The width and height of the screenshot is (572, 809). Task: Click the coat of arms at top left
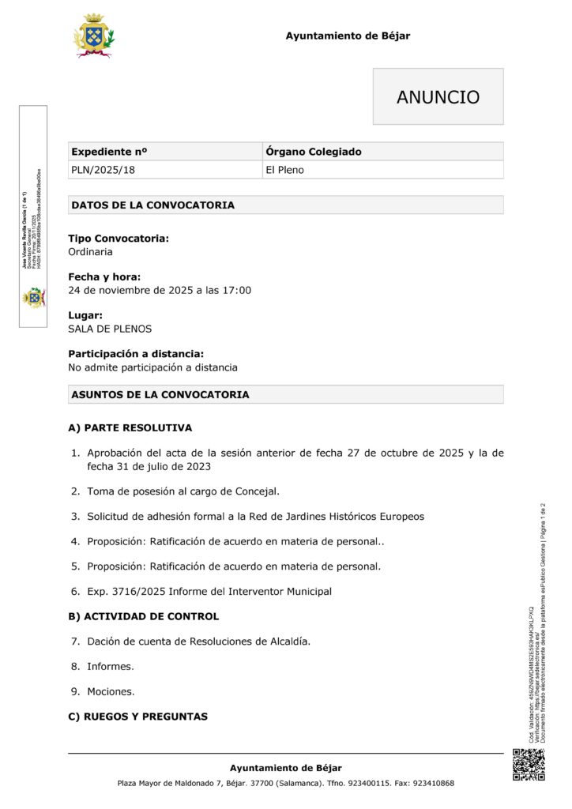pyautogui.click(x=94, y=36)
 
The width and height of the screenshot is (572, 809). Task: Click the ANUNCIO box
pyautogui.click(x=438, y=97)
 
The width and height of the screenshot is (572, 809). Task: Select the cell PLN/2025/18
pyautogui.click(x=98, y=170)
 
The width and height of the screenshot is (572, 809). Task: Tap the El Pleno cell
pyautogui.click(x=284, y=170)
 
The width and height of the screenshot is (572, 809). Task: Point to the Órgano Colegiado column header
pyautogui.click(x=314, y=152)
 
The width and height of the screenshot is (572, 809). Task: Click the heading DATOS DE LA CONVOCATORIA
pyautogui.click(x=152, y=205)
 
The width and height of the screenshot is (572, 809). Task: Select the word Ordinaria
pyautogui.click(x=90, y=252)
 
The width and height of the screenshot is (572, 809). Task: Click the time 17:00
pyautogui.click(x=237, y=290)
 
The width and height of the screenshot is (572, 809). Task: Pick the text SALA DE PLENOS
pyautogui.click(x=110, y=329)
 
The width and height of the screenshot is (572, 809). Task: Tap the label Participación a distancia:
pyautogui.click(x=136, y=354)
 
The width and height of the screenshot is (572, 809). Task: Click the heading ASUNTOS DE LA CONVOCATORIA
pyautogui.click(x=160, y=394)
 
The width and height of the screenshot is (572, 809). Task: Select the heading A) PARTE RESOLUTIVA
pyautogui.click(x=130, y=428)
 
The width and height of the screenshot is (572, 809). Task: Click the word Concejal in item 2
pyautogui.click(x=256, y=491)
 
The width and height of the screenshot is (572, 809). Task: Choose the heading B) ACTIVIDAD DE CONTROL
pyautogui.click(x=143, y=616)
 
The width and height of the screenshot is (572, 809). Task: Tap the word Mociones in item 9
pyautogui.click(x=111, y=691)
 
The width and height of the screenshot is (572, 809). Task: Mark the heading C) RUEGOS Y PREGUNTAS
pyautogui.click(x=137, y=717)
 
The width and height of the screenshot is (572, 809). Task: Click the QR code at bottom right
pyautogui.click(x=529, y=764)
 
